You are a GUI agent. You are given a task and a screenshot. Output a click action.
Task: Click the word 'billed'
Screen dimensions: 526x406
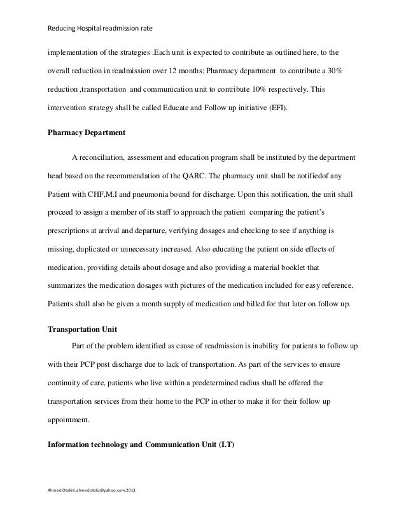[246, 304]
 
